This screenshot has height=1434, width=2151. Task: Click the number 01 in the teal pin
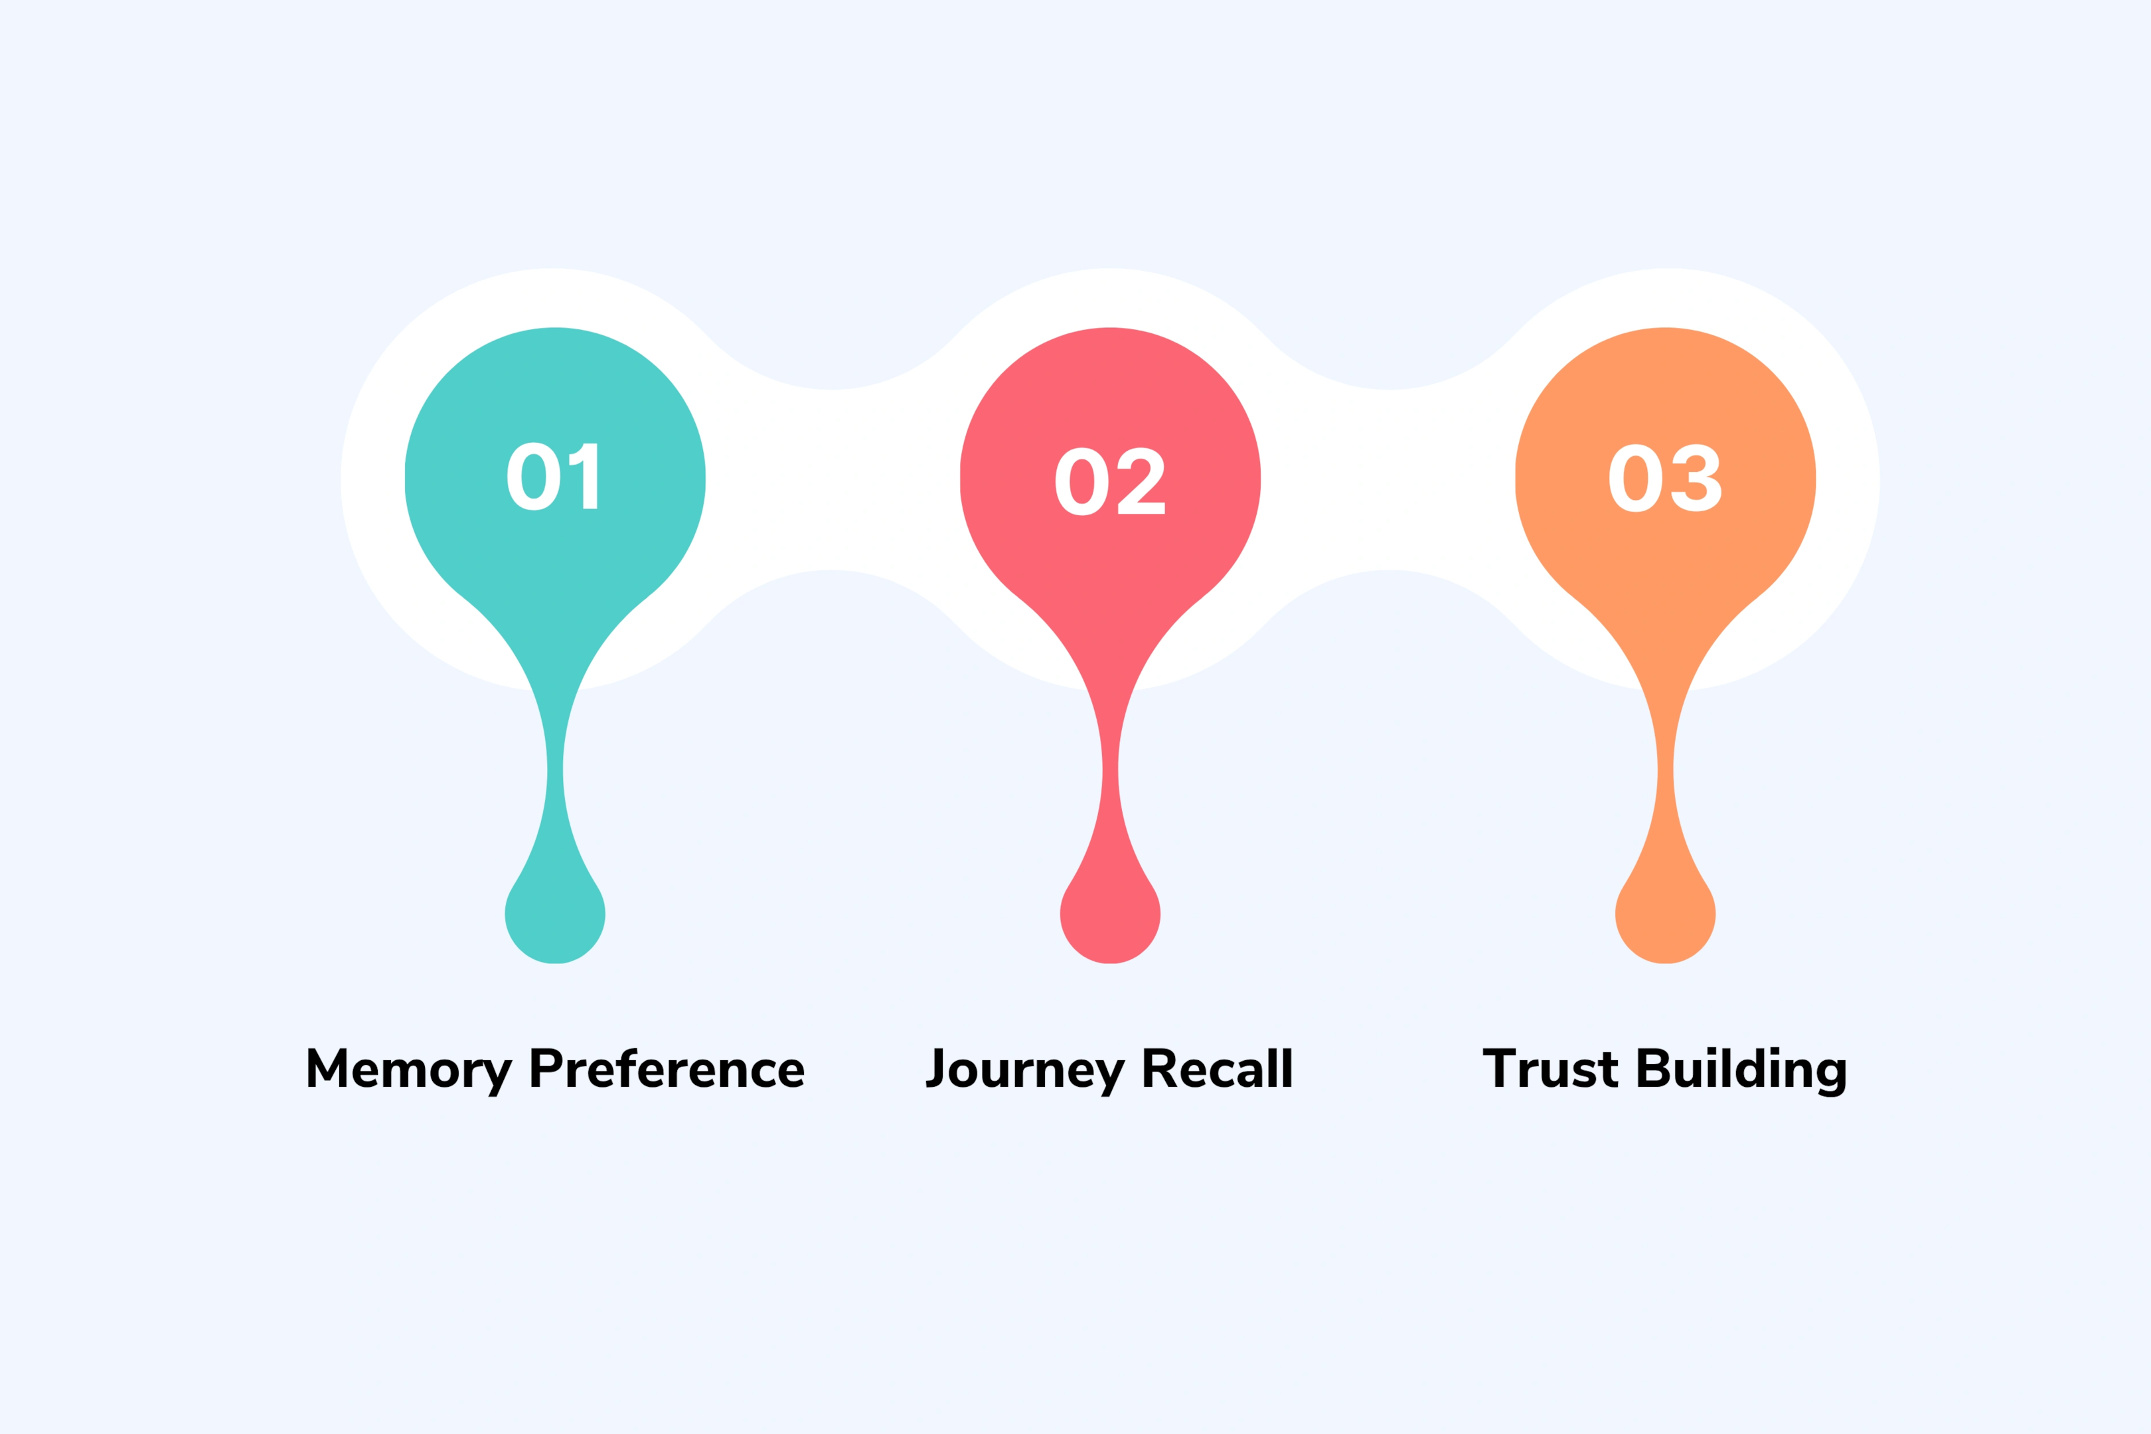552,477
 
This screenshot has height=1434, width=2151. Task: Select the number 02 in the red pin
1109,481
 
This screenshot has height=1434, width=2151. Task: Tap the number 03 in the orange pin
1664,478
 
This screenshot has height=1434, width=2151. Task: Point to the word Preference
667,1069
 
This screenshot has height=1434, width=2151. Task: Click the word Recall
1218,1069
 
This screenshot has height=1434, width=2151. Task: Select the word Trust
1550,1069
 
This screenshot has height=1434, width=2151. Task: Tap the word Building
1741,1069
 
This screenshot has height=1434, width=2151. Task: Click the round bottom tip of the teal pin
555,916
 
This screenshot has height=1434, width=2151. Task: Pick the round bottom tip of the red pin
1110,916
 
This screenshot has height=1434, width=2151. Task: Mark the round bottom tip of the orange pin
1666,916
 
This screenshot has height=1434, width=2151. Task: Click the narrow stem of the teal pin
555,773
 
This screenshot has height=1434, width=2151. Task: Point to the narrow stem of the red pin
1110,773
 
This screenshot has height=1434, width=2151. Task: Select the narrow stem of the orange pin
1666,773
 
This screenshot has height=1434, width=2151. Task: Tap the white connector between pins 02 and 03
1388,480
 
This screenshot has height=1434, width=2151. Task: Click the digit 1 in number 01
586,477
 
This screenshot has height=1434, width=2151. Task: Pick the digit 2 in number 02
1141,481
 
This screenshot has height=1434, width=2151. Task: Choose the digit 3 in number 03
1696,478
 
